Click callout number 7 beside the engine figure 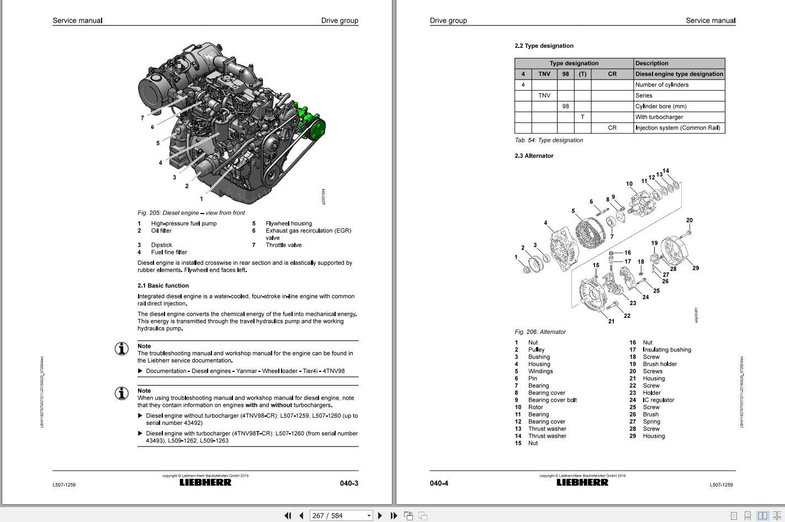142,118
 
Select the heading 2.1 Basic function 163,286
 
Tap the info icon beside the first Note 121,349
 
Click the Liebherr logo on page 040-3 205,483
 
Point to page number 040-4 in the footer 439,483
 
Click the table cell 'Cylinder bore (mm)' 661,106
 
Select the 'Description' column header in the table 651,63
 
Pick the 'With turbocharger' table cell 659,117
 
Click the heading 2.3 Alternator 534,156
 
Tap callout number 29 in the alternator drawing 696,268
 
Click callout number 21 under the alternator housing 611,321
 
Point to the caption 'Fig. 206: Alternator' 540,332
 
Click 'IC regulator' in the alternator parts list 658,400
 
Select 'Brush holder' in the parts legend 660,364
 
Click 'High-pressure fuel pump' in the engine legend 184,223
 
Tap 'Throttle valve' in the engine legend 284,245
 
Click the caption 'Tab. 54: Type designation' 549,140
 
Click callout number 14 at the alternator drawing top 666,171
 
